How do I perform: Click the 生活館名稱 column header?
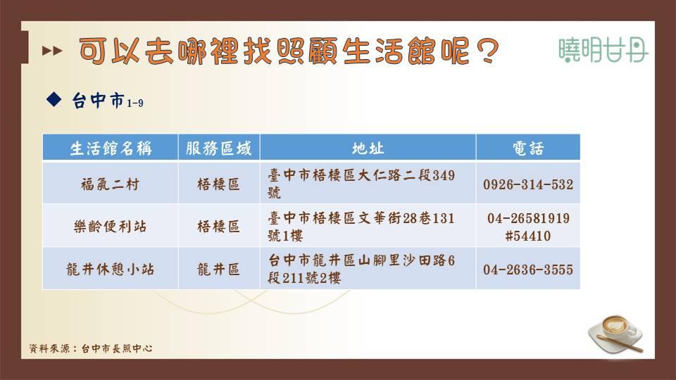click(111, 148)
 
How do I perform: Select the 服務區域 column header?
click(218, 148)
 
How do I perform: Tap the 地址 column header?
click(368, 148)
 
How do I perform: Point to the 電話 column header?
click(528, 148)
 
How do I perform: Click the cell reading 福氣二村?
click(111, 184)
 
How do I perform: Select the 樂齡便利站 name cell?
click(111, 226)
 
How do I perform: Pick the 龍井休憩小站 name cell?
click(111, 269)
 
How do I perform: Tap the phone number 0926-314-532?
click(528, 184)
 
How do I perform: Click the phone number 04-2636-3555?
click(528, 270)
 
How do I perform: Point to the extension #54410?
click(528, 236)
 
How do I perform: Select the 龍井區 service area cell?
click(218, 269)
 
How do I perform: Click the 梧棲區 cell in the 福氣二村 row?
click(218, 184)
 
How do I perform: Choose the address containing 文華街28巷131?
click(361, 227)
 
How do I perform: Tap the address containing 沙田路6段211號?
click(361, 269)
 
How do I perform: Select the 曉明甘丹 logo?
click(603, 50)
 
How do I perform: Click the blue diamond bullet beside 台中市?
click(54, 99)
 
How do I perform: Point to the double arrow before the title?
click(52, 51)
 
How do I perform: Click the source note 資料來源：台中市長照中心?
click(91, 348)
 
